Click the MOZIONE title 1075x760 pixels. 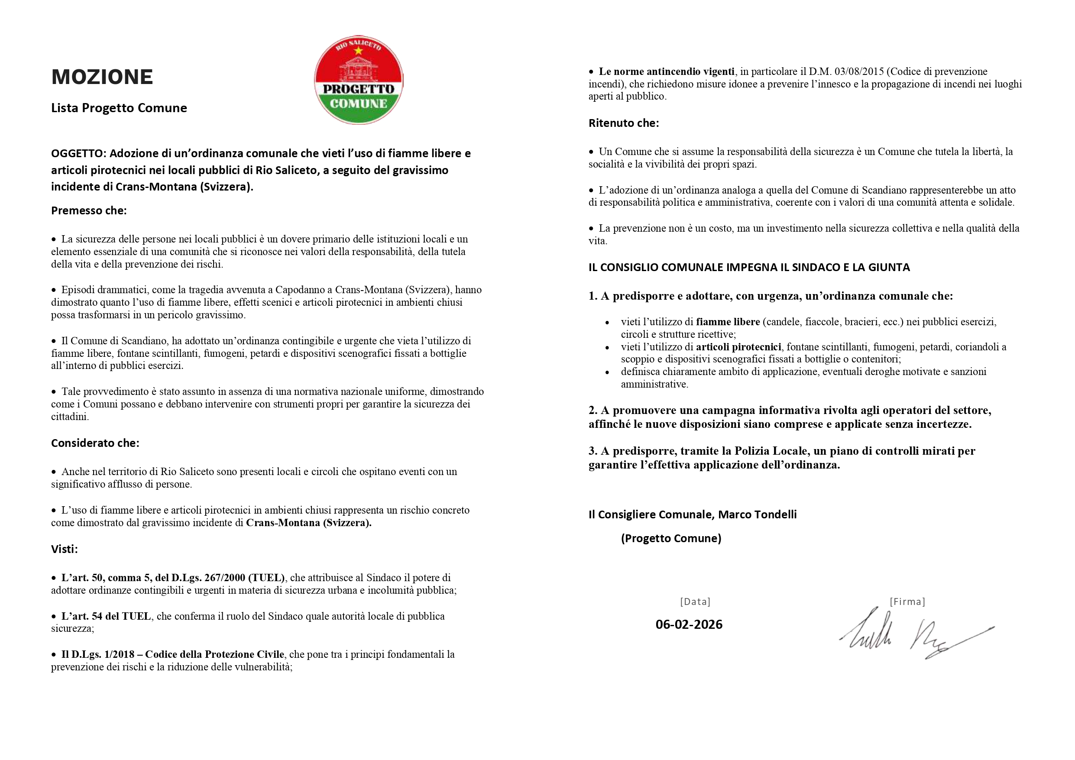(x=102, y=77)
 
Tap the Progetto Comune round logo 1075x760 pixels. (x=359, y=80)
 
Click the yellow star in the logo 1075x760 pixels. (x=359, y=51)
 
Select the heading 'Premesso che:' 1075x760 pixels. (x=89, y=211)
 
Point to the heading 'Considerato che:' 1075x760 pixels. (x=95, y=443)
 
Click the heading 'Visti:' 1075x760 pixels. (x=65, y=549)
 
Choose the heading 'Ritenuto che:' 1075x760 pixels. (x=624, y=123)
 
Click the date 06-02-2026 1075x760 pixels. (x=689, y=624)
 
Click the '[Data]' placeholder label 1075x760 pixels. (x=695, y=602)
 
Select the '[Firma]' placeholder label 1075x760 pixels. (x=907, y=602)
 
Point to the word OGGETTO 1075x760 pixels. (x=78, y=154)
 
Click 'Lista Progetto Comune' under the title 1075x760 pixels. (x=119, y=108)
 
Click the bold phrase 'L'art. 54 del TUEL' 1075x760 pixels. (x=106, y=616)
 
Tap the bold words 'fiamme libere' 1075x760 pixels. (x=728, y=322)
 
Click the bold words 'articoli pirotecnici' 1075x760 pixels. (x=738, y=347)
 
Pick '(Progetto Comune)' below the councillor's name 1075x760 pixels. (x=671, y=539)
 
